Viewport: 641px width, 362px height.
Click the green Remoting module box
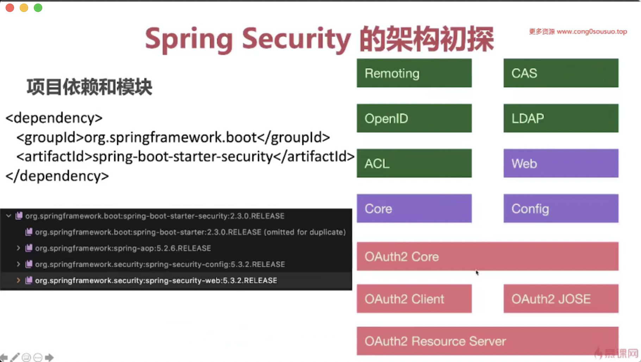[x=414, y=73]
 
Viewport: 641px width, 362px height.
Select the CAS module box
[x=561, y=73]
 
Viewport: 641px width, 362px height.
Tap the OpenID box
[x=414, y=118]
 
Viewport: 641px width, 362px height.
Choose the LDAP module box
[x=561, y=118]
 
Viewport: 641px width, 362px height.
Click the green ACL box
[x=414, y=163]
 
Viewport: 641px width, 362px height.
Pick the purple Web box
[x=561, y=163]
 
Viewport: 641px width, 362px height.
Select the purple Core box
[x=414, y=208]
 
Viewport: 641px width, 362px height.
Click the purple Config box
[x=561, y=208]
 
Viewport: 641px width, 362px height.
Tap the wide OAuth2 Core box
[x=487, y=256]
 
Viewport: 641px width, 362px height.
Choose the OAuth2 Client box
[x=414, y=299]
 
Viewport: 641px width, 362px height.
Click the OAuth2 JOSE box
[x=561, y=299]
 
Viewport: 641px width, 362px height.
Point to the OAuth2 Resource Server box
[x=487, y=341]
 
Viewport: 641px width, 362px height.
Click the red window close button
[x=10, y=8]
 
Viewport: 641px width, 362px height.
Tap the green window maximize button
[x=38, y=8]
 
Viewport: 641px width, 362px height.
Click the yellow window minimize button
[x=24, y=8]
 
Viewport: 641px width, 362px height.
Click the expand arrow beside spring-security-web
[x=18, y=280]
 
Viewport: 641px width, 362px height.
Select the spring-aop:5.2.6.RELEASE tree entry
[x=123, y=248]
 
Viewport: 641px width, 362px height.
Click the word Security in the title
[x=296, y=39]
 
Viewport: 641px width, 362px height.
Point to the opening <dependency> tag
[x=54, y=118]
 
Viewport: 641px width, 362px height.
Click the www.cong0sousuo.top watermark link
[x=592, y=32]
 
